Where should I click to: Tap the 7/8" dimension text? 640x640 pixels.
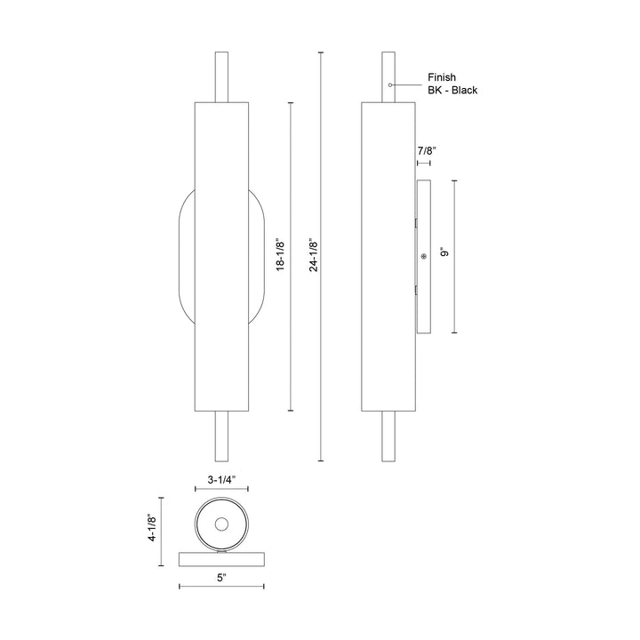(x=425, y=152)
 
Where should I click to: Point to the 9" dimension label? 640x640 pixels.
(x=444, y=254)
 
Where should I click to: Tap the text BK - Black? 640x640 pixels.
(x=452, y=91)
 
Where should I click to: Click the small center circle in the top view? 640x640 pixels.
(x=221, y=522)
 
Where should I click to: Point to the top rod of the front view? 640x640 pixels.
(x=221, y=77)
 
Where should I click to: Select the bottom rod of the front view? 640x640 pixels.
(x=221, y=437)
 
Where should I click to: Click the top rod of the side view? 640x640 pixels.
(x=389, y=77)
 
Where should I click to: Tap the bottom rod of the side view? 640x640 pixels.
(x=389, y=437)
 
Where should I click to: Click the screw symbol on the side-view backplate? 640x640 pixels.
(x=423, y=256)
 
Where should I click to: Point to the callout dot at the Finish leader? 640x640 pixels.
(x=390, y=84)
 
